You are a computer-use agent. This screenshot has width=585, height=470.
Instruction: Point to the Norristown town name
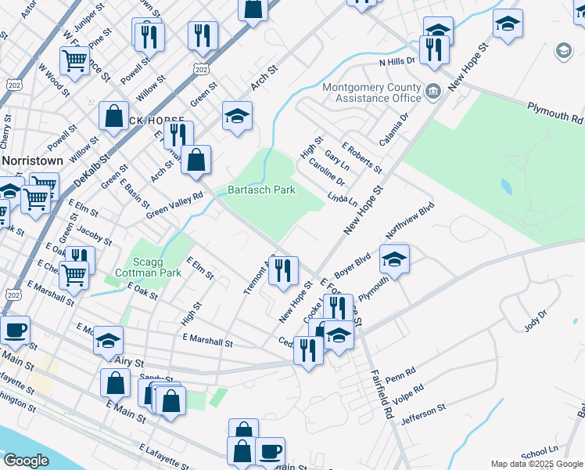tap(31, 159)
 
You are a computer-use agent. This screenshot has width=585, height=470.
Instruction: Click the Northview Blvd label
tap(409, 222)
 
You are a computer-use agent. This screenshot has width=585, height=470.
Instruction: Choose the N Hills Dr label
tap(397, 61)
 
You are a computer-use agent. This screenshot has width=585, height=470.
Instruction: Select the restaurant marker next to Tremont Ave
tap(283, 270)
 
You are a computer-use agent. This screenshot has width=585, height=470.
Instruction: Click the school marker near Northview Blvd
tap(394, 260)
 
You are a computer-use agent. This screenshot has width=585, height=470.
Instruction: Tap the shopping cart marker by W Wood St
tap(74, 59)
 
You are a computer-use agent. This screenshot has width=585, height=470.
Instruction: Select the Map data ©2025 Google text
tap(536, 464)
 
